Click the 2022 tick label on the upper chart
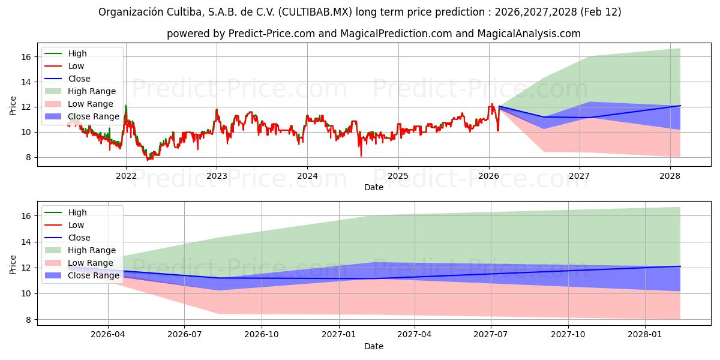coord(125,176)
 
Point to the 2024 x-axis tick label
coord(307,176)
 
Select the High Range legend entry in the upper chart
coord(92,91)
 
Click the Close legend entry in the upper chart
coord(79,79)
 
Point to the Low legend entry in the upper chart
coord(76,66)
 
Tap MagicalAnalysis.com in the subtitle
coord(529,34)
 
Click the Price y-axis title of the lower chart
coord(13,265)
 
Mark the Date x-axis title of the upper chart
coord(373,187)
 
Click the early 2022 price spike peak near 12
coord(125,106)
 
